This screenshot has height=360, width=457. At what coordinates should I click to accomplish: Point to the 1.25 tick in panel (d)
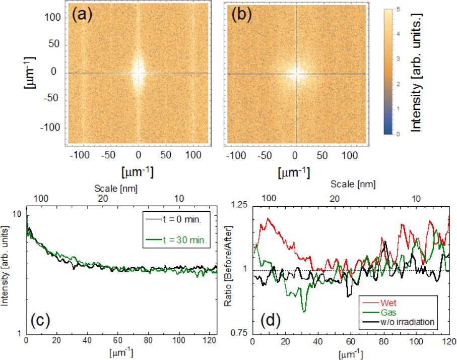click(x=238, y=205)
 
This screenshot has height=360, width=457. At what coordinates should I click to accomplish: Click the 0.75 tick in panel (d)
click(x=238, y=333)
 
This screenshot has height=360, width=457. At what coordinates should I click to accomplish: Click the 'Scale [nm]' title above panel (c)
click(x=116, y=188)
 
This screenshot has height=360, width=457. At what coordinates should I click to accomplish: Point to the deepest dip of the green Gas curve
click(x=304, y=312)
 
